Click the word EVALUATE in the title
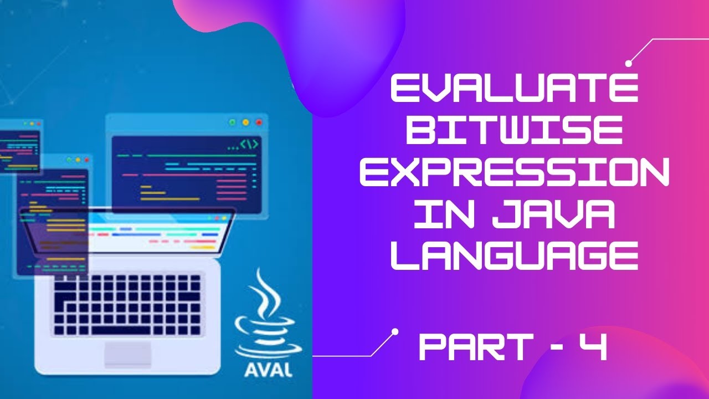pos(515,90)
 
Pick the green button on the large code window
pos(232,122)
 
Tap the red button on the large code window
pos(259,122)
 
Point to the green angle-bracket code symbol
pos(249,145)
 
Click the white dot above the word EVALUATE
pos(629,64)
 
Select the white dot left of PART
pos(395,331)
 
